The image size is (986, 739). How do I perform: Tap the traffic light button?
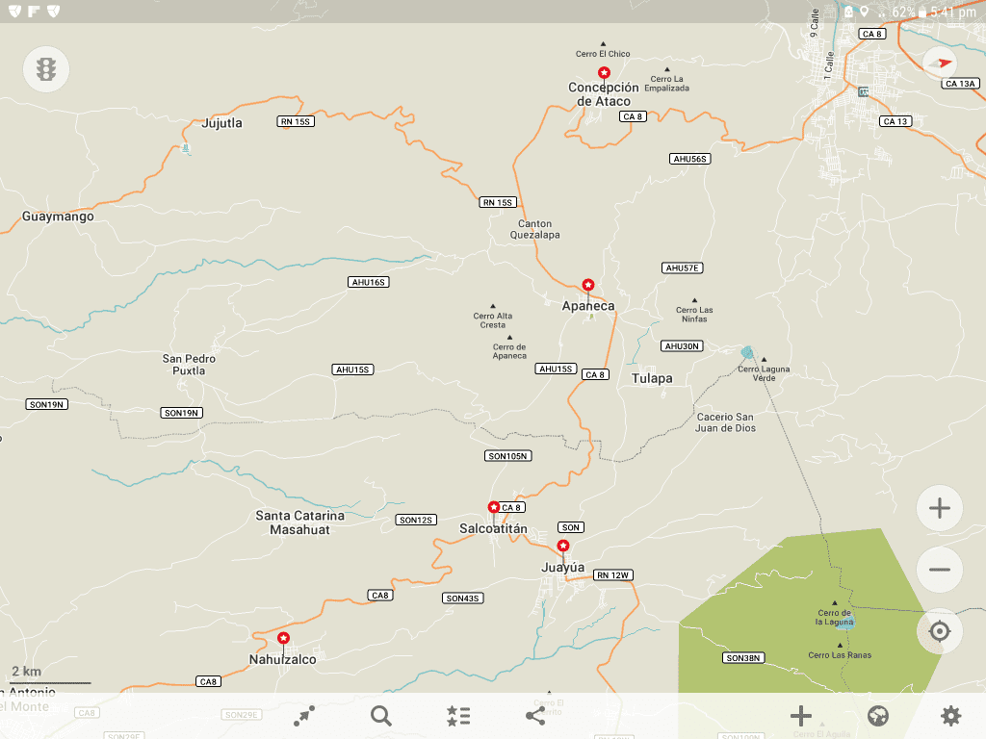pyautogui.click(x=46, y=69)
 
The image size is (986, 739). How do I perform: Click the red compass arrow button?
pyautogui.click(x=940, y=64)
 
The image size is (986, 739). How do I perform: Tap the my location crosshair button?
pyautogui.click(x=940, y=631)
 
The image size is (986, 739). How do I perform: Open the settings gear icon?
pyautogui.click(x=950, y=715)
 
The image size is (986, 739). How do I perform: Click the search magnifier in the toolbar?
pyautogui.click(x=381, y=715)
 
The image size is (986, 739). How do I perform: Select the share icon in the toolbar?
pyautogui.click(x=535, y=715)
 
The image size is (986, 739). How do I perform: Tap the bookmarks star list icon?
pyautogui.click(x=458, y=715)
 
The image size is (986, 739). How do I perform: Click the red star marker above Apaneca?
pyautogui.click(x=587, y=285)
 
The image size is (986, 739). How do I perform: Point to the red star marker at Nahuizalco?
pyautogui.click(x=283, y=638)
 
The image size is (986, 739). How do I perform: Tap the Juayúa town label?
pyautogui.click(x=563, y=568)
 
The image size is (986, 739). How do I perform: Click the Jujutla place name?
pyautogui.click(x=222, y=123)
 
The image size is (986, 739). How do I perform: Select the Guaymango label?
pyautogui.click(x=59, y=217)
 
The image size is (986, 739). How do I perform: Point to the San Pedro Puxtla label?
pyautogui.click(x=189, y=364)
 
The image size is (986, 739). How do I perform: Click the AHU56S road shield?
pyautogui.click(x=690, y=158)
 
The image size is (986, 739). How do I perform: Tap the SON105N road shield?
pyautogui.click(x=509, y=456)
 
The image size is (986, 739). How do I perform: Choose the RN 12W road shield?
pyautogui.click(x=612, y=575)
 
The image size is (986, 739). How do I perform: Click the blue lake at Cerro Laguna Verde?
pyautogui.click(x=748, y=353)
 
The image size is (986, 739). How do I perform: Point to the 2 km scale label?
pyautogui.click(x=26, y=671)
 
